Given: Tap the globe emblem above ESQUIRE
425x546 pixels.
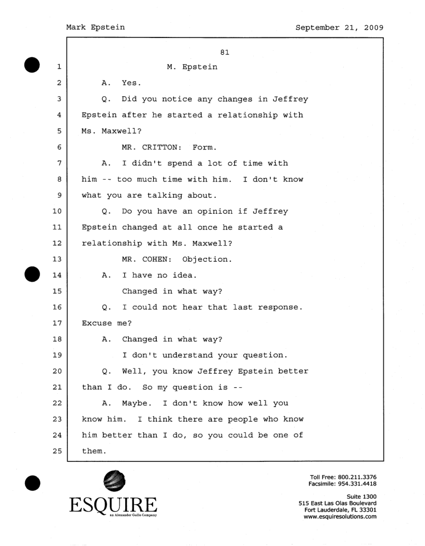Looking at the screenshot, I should [114, 482].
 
